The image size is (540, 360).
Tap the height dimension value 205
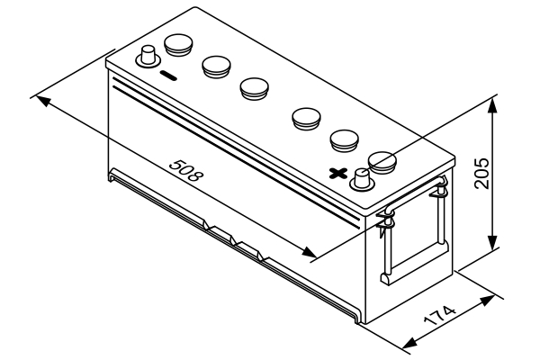point(481,169)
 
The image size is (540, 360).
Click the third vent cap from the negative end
point(255,86)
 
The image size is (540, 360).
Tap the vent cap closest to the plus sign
point(382,161)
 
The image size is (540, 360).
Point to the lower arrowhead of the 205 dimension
point(491,247)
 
